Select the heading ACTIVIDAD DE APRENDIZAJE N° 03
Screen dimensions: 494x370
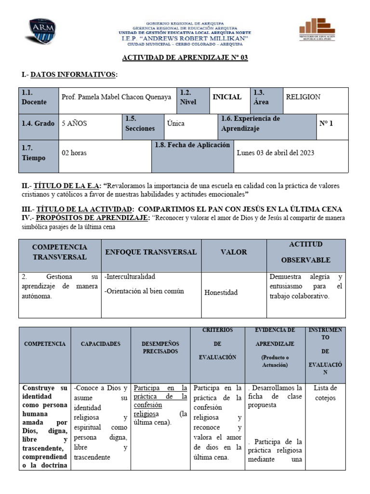click(x=185, y=58)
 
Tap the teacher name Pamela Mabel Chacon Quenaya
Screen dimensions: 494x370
click(x=116, y=97)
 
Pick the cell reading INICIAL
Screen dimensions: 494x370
click(x=227, y=97)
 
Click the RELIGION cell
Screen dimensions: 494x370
click(x=303, y=97)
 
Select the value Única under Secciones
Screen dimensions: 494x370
click(x=176, y=123)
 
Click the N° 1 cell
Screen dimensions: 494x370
click(x=326, y=123)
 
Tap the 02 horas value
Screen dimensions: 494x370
click(x=74, y=153)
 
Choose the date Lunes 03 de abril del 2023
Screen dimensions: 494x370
click(x=276, y=153)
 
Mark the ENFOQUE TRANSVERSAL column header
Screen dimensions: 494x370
click(x=151, y=252)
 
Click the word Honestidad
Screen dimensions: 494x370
click(x=221, y=292)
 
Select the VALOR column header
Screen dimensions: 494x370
click(x=234, y=252)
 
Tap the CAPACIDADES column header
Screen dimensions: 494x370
click(x=101, y=344)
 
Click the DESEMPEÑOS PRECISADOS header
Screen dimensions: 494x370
click(x=160, y=347)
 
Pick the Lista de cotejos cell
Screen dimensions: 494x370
click(x=325, y=393)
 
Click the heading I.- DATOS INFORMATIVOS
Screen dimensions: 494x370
click(x=69, y=75)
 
